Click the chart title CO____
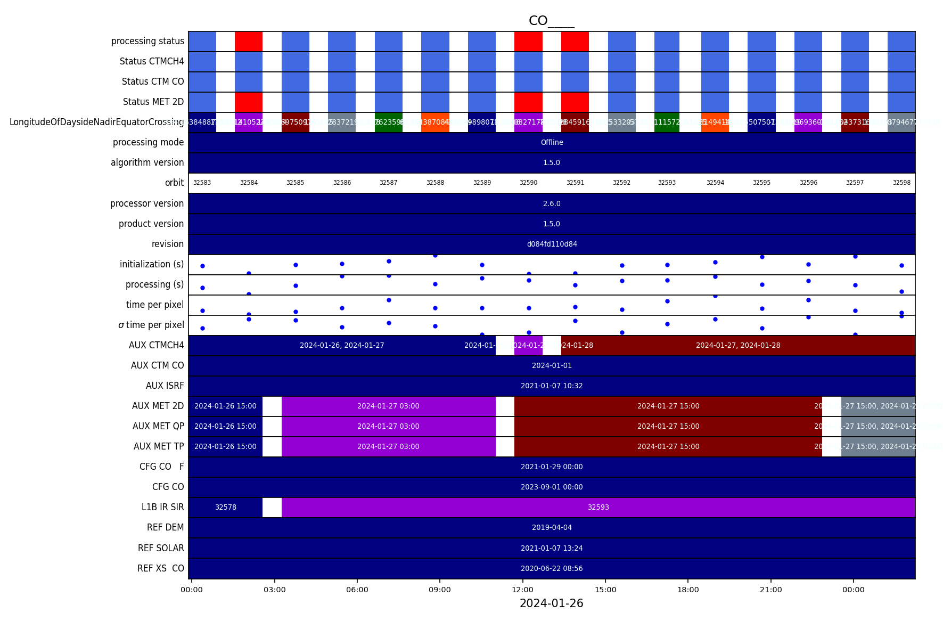pos(551,21)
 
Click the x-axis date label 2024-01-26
pos(551,603)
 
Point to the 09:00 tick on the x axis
pos(440,590)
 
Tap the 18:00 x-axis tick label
pos(688,590)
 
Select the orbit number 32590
pos(528,183)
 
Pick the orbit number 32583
pos(202,183)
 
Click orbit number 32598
pos(901,183)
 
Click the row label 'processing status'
pos(147,41)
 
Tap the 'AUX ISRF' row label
pos(165,386)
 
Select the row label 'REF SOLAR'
pos(161,548)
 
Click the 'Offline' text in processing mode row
pos(552,142)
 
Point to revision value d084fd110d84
pos(552,244)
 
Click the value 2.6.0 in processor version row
pos(552,203)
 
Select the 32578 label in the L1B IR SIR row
pos(225,507)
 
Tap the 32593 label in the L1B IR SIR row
pos(598,507)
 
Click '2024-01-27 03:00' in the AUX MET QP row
pos(388,426)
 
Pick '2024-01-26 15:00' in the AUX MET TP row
pos(225,446)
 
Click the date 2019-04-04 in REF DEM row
pos(552,527)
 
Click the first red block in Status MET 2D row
pos(249,102)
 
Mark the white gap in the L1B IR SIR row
pos(272,507)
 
